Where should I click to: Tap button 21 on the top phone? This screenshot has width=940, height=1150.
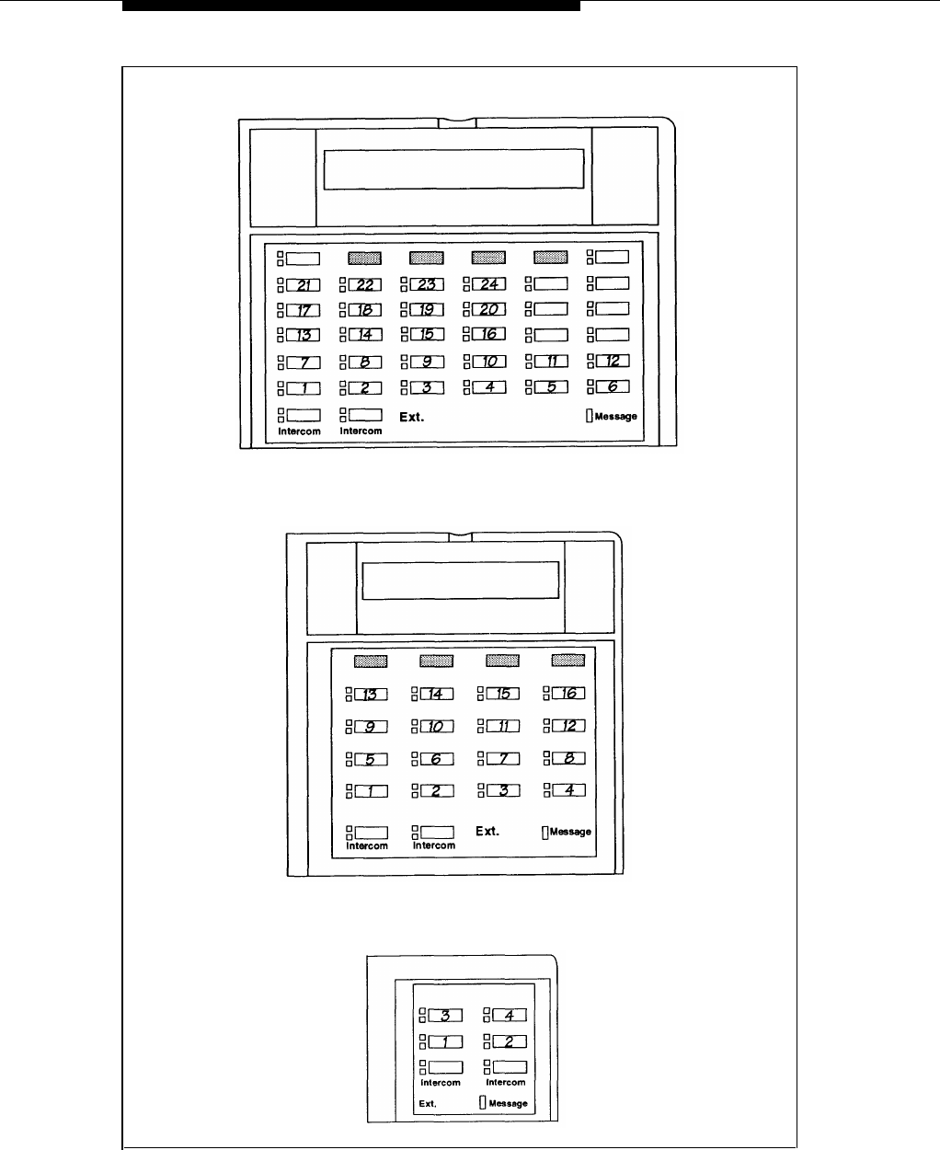point(302,284)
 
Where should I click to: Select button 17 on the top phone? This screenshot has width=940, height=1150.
point(302,310)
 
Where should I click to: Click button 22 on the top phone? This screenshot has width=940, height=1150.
point(364,284)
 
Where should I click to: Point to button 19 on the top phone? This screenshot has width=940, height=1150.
point(427,310)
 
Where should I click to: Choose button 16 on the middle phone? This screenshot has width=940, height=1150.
point(568,694)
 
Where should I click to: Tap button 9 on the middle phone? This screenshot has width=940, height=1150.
point(371,727)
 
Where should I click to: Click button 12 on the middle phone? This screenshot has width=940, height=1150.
point(568,727)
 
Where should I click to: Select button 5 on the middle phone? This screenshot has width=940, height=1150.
point(371,760)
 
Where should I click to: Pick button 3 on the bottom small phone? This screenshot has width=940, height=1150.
point(445,1016)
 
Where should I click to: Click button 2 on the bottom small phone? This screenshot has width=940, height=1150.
point(510,1041)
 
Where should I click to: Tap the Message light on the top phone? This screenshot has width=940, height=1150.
point(590,417)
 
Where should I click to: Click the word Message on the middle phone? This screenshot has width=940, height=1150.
point(570,832)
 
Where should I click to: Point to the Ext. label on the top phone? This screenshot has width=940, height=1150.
point(411,418)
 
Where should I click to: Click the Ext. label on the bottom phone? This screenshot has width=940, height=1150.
point(428,1103)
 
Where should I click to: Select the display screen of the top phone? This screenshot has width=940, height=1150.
point(454,169)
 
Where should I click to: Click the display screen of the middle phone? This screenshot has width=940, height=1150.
point(461,581)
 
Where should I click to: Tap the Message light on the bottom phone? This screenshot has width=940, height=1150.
point(482,1103)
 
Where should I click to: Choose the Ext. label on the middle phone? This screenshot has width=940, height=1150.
point(487,832)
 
